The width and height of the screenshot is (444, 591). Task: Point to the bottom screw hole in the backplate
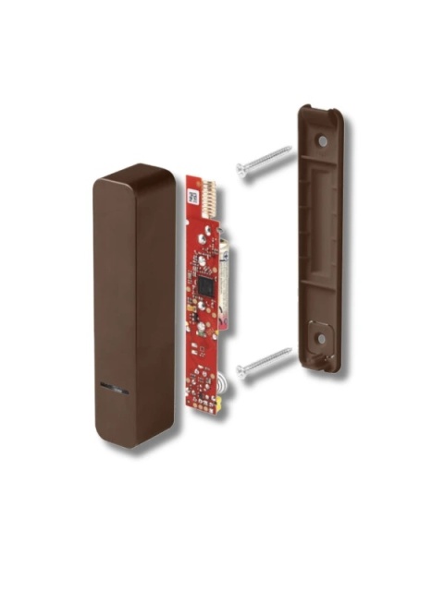coord(320,340)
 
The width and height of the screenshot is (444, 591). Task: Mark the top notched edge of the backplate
coord(320,112)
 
